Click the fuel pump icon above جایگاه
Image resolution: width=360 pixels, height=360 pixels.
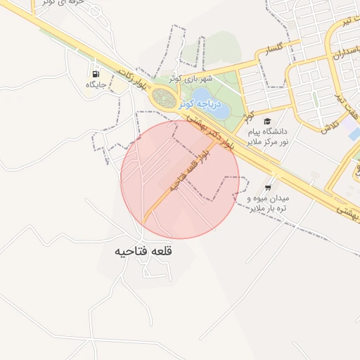point(95,73)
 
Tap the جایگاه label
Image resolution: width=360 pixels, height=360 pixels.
point(96,85)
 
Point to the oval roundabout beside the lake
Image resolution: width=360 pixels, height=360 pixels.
point(164,98)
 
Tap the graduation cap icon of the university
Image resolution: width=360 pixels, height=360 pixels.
point(267,121)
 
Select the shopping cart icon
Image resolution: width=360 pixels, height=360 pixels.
point(268,188)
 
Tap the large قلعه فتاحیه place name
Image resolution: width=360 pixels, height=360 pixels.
point(144,250)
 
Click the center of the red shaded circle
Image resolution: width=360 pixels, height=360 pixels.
point(180,179)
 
